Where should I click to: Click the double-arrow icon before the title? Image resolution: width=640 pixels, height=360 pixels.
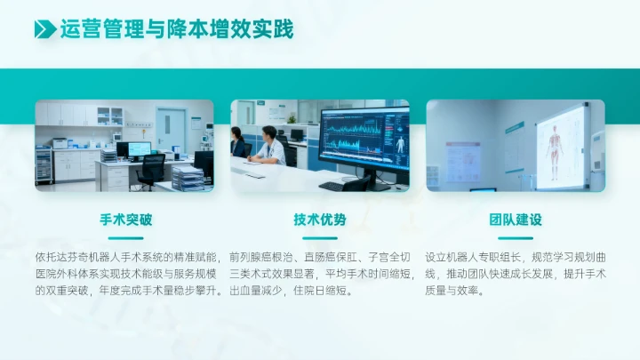pos(44,29)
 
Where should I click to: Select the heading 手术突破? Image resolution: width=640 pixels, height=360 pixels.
pos(124,220)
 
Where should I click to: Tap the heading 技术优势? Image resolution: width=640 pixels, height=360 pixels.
pos(320,220)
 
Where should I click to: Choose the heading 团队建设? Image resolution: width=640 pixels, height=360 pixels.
pos(516,220)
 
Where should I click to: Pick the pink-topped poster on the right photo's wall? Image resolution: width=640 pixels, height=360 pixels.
pos(463,161)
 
